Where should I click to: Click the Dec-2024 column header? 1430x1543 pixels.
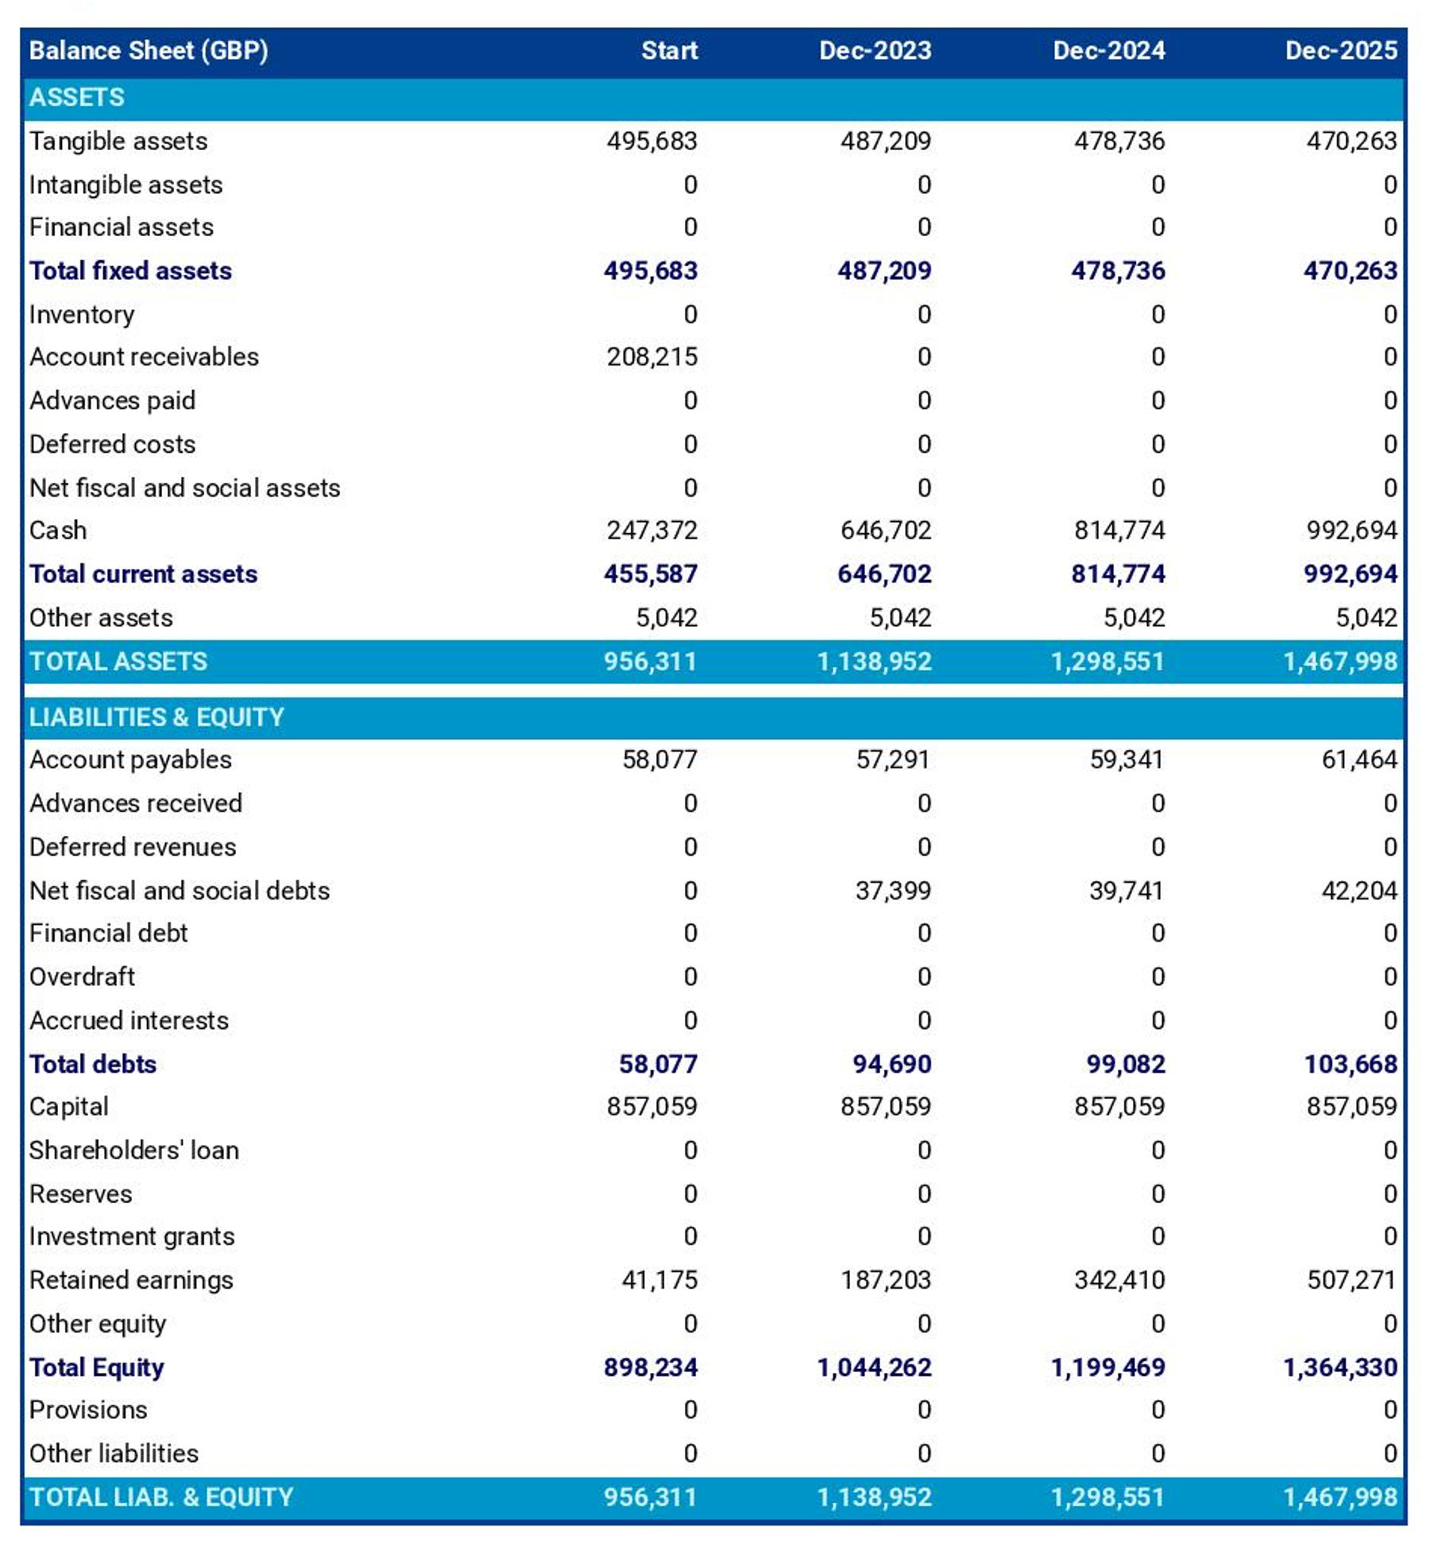click(1108, 51)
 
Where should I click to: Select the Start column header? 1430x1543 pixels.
click(669, 51)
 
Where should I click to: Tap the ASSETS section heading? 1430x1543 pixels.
click(77, 98)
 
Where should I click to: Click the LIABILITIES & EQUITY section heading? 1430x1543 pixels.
click(157, 717)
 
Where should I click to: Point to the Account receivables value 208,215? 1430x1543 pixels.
click(651, 357)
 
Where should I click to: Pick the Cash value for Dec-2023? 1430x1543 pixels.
click(885, 530)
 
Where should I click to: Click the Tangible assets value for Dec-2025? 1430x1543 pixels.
click(1351, 141)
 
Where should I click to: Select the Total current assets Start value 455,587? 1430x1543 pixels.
click(650, 574)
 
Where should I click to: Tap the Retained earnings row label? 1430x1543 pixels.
click(131, 1280)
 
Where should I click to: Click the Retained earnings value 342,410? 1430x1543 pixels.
click(1119, 1280)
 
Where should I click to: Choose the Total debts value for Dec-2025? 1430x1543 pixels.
click(1350, 1064)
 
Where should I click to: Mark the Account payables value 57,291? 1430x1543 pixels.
click(892, 760)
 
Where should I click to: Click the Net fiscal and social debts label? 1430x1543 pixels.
click(180, 891)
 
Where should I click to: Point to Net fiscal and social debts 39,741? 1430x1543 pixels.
click(1126, 891)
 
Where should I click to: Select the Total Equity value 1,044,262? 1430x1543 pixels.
click(874, 1367)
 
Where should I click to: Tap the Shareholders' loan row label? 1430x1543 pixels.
click(134, 1150)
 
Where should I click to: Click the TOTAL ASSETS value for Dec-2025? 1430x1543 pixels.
click(1340, 661)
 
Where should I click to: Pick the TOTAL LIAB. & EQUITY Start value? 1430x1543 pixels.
click(650, 1497)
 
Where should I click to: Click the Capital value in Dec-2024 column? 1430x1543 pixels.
click(1119, 1107)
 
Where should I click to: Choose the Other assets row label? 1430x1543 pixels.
click(101, 618)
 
